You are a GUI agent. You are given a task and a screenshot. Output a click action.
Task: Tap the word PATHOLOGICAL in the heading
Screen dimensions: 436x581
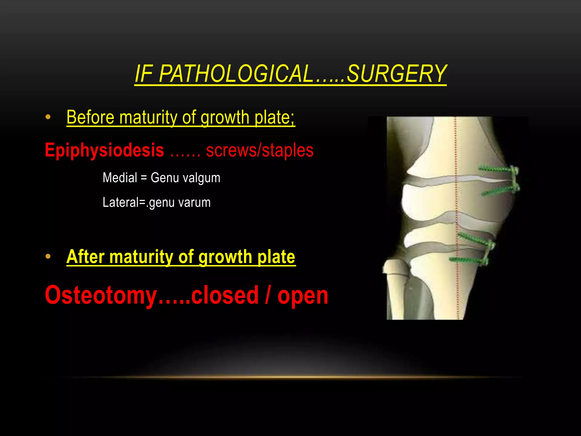click(235, 74)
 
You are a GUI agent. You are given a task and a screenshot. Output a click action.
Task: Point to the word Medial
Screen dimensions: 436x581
click(120, 178)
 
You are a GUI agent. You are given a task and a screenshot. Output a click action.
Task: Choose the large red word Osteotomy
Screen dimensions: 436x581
click(101, 295)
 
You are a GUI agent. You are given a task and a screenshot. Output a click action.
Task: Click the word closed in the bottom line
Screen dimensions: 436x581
click(225, 295)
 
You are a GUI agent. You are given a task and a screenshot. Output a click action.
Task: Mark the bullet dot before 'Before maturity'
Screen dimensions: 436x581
click(48, 117)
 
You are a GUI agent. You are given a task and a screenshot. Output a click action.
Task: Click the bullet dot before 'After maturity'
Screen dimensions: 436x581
click(48, 257)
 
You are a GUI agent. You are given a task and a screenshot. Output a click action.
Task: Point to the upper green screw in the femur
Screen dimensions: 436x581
click(495, 170)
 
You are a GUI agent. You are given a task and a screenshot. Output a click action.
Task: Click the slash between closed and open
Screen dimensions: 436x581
click(268, 295)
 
